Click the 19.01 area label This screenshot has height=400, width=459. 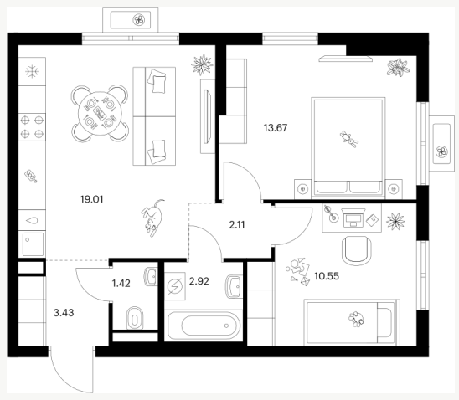click(91, 200)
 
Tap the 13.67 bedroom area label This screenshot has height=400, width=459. click(276, 128)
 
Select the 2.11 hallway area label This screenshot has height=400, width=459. click(237, 225)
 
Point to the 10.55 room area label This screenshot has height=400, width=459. click(327, 276)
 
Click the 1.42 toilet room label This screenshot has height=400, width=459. click(121, 284)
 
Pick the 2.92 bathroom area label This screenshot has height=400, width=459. click(199, 281)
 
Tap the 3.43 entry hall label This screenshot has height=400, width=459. click(64, 313)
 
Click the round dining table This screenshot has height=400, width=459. click(100, 114)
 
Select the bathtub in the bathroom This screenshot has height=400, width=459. click(204, 326)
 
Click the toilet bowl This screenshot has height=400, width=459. click(135, 318)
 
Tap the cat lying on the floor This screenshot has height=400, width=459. click(153, 218)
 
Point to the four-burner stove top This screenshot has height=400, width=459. click(32, 127)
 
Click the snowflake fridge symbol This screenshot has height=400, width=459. click(32, 71)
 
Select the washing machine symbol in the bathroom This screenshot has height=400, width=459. click(175, 286)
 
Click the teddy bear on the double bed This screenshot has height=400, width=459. click(349, 139)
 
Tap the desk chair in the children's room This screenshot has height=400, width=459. click(356, 250)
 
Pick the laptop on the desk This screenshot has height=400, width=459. click(353, 218)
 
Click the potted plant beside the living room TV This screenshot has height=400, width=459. click(202, 65)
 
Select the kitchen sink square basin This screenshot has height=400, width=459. click(32, 244)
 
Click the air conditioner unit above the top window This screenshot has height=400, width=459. click(131, 20)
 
